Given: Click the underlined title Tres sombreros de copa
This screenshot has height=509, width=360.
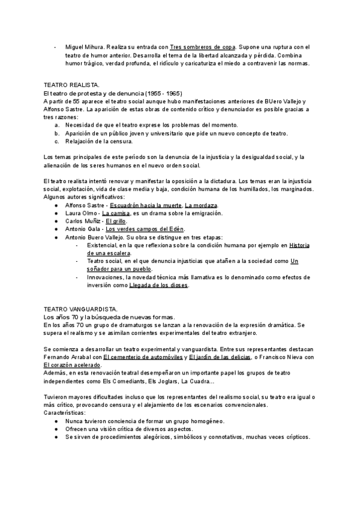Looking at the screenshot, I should (203, 46).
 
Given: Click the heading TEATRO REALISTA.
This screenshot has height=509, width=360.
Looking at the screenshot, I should (72, 86).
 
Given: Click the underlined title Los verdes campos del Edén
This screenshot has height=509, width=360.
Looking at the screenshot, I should (145, 229).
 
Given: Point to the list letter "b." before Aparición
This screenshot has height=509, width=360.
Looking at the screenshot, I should (57, 133).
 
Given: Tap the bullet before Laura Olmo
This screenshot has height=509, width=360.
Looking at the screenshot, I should (56, 213).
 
